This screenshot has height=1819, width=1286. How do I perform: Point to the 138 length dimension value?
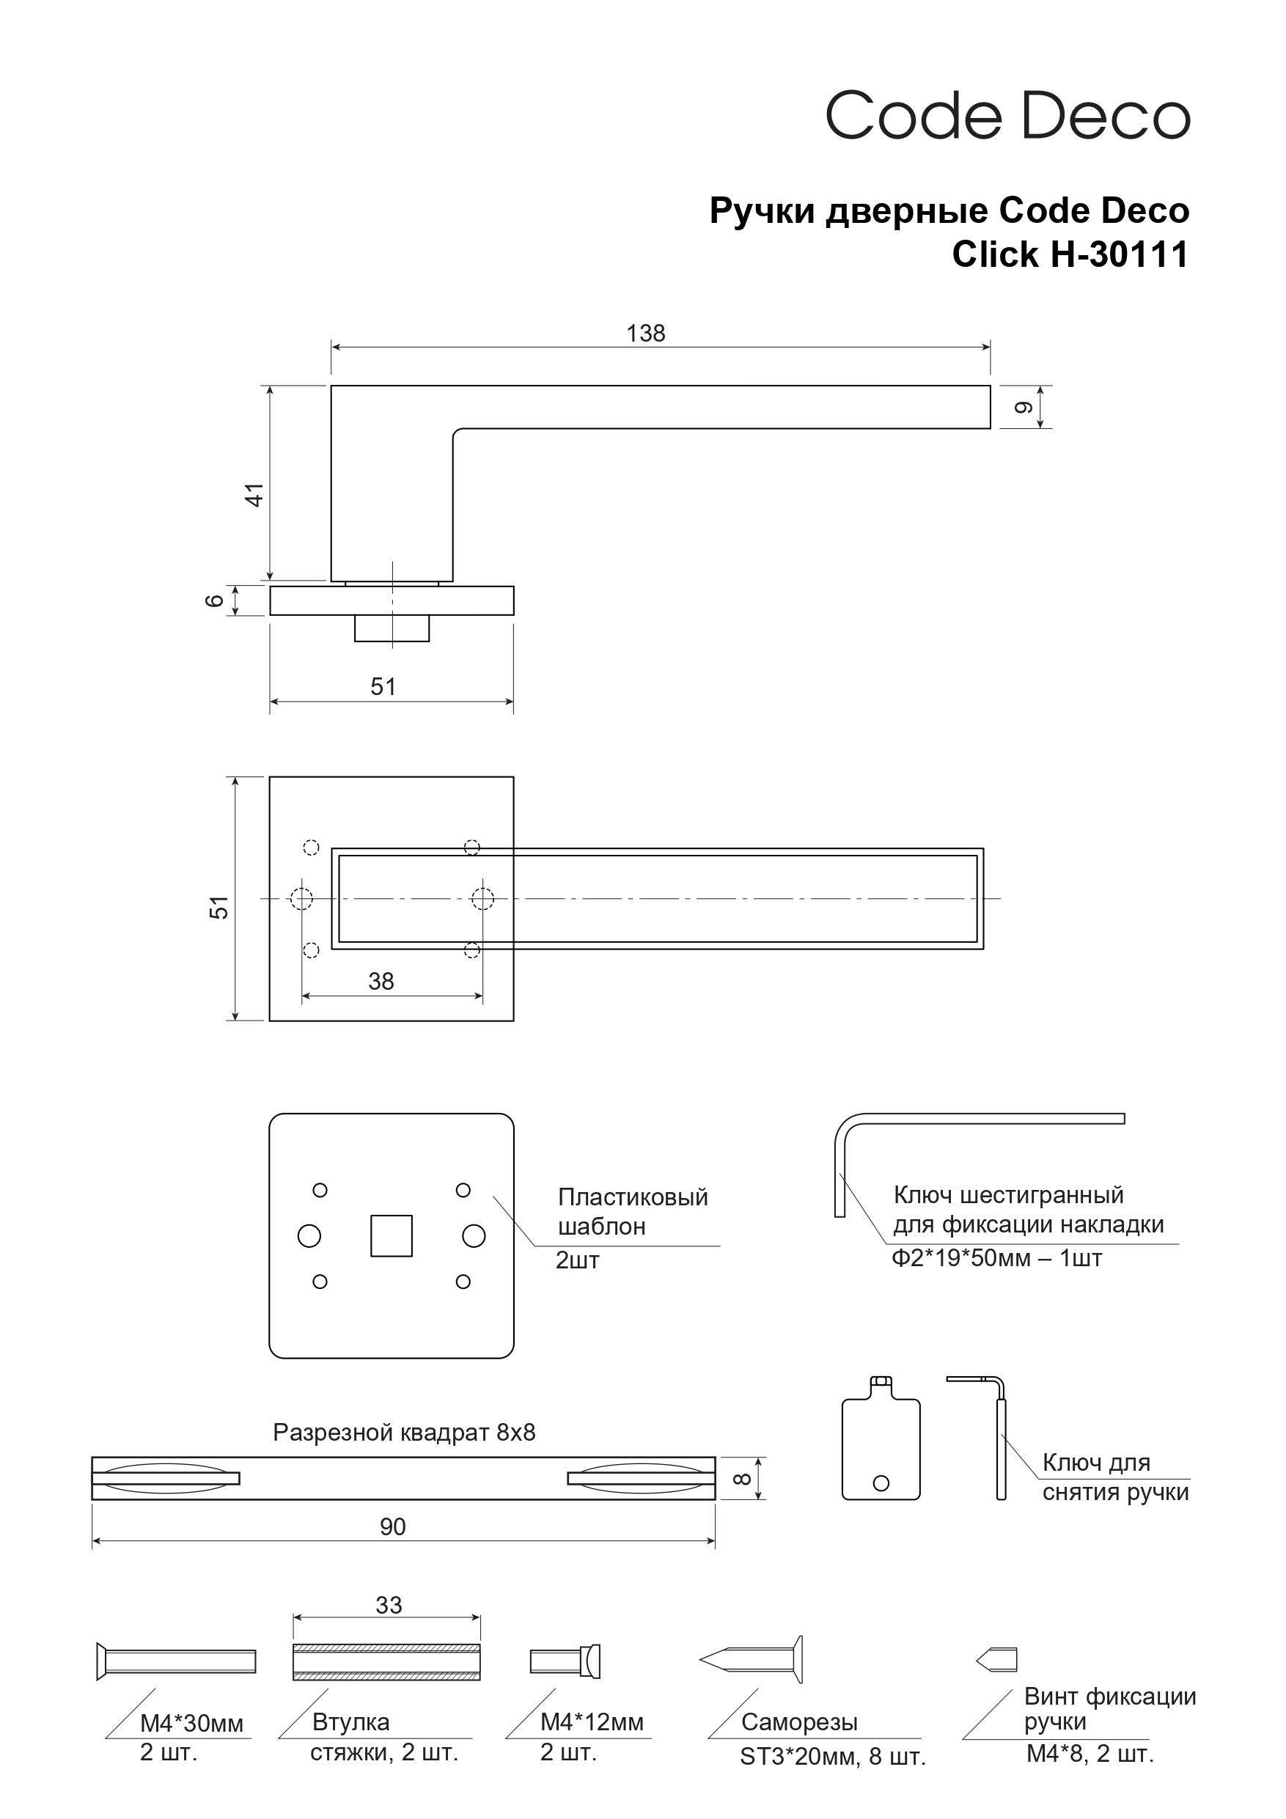point(645,334)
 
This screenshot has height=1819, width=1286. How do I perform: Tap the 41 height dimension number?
point(254,494)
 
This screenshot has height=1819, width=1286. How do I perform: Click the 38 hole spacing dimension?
point(381,982)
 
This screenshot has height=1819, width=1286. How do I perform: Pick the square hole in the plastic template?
point(392,1236)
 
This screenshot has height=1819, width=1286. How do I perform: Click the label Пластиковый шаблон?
point(632,1211)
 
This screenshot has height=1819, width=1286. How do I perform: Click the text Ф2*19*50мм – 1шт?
point(996,1258)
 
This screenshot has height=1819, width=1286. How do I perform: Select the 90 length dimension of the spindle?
point(392,1526)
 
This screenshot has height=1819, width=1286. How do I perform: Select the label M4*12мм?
point(591,1722)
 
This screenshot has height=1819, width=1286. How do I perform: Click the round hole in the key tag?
point(881,1483)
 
